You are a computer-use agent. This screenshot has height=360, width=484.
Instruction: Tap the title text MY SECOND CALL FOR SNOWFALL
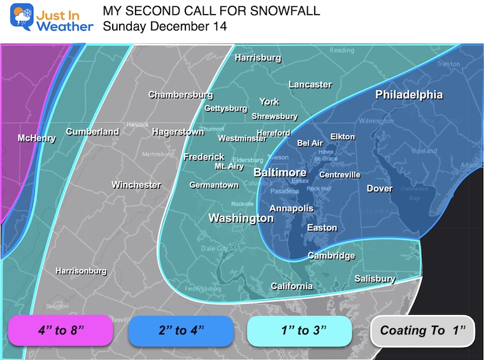coord(211,11)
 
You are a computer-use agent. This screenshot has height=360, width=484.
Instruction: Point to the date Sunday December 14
coord(164,26)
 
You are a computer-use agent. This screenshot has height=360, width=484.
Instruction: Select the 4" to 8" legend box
coord(60,330)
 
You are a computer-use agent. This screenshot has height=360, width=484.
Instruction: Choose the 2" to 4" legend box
coord(181,330)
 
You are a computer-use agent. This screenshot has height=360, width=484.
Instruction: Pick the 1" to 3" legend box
coord(299,330)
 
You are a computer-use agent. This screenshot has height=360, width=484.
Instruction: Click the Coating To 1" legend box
coord(423,330)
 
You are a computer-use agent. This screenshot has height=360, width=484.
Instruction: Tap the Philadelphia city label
coord(409,95)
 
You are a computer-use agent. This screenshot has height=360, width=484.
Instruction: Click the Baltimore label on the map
coord(280,173)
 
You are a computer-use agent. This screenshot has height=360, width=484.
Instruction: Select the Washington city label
coord(241,219)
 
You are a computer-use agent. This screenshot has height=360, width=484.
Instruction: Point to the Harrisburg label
coord(258,58)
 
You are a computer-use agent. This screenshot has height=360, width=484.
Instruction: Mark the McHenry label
coord(36,138)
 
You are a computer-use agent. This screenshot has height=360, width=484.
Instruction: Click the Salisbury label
coord(374,278)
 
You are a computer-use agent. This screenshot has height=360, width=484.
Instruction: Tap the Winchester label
coord(136,185)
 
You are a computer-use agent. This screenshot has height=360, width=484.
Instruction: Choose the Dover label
coord(380,188)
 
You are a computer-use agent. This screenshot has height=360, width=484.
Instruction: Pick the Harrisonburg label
coord(81,271)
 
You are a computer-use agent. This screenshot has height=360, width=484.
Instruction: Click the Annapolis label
coord(291,208)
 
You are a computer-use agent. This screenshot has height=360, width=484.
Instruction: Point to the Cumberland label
coord(92,132)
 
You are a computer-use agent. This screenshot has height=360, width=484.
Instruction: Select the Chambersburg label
coord(180,95)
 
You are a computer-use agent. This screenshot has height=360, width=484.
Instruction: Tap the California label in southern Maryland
coord(292,286)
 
